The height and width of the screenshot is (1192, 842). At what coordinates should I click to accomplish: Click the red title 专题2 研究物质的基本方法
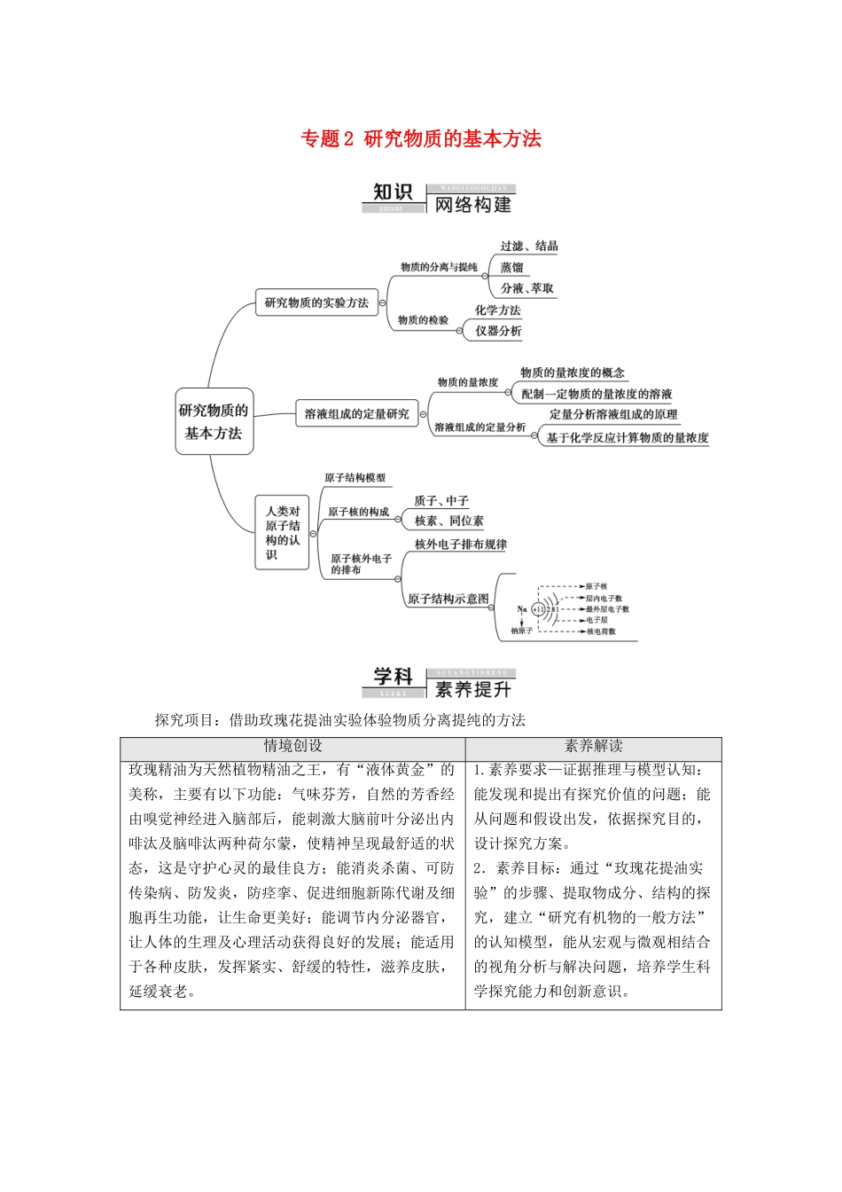tap(421, 139)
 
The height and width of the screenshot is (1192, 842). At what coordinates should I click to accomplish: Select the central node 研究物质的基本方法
tap(214, 421)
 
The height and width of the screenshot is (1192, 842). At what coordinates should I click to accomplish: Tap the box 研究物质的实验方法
tap(316, 302)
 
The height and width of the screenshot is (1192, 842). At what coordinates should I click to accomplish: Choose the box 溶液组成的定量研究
tap(356, 413)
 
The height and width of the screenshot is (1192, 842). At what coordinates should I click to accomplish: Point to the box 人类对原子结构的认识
tap(283, 532)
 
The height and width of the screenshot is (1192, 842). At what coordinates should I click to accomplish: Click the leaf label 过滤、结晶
tap(528, 247)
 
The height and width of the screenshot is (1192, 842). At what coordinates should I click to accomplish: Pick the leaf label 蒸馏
tap(511, 267)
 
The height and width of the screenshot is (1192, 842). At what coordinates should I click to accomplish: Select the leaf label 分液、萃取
tap(526, 288)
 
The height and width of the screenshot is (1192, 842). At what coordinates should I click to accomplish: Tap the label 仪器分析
tap(498, 331)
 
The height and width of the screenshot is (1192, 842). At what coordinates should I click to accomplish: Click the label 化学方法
tap(497, 310)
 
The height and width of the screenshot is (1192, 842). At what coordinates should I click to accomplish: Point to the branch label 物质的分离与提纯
tap(439, 267)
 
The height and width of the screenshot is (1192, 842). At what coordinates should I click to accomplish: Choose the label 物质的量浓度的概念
tap(572, 372)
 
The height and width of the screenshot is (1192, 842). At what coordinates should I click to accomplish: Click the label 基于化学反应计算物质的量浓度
tap(627, 437)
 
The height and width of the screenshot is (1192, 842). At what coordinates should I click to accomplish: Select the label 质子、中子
tap(440, 500)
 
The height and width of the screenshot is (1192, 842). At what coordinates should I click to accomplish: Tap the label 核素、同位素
tap(448, 521)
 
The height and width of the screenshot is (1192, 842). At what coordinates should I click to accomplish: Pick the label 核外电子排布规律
tap(460, 545)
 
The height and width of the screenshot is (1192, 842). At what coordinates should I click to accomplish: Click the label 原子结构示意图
tap(448, 599)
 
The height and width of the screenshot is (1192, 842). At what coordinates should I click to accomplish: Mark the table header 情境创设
tap(292, 747)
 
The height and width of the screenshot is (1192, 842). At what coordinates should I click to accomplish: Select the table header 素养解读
tap(593, 747)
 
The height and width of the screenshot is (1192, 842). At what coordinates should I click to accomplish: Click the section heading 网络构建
tap(472, 205)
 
